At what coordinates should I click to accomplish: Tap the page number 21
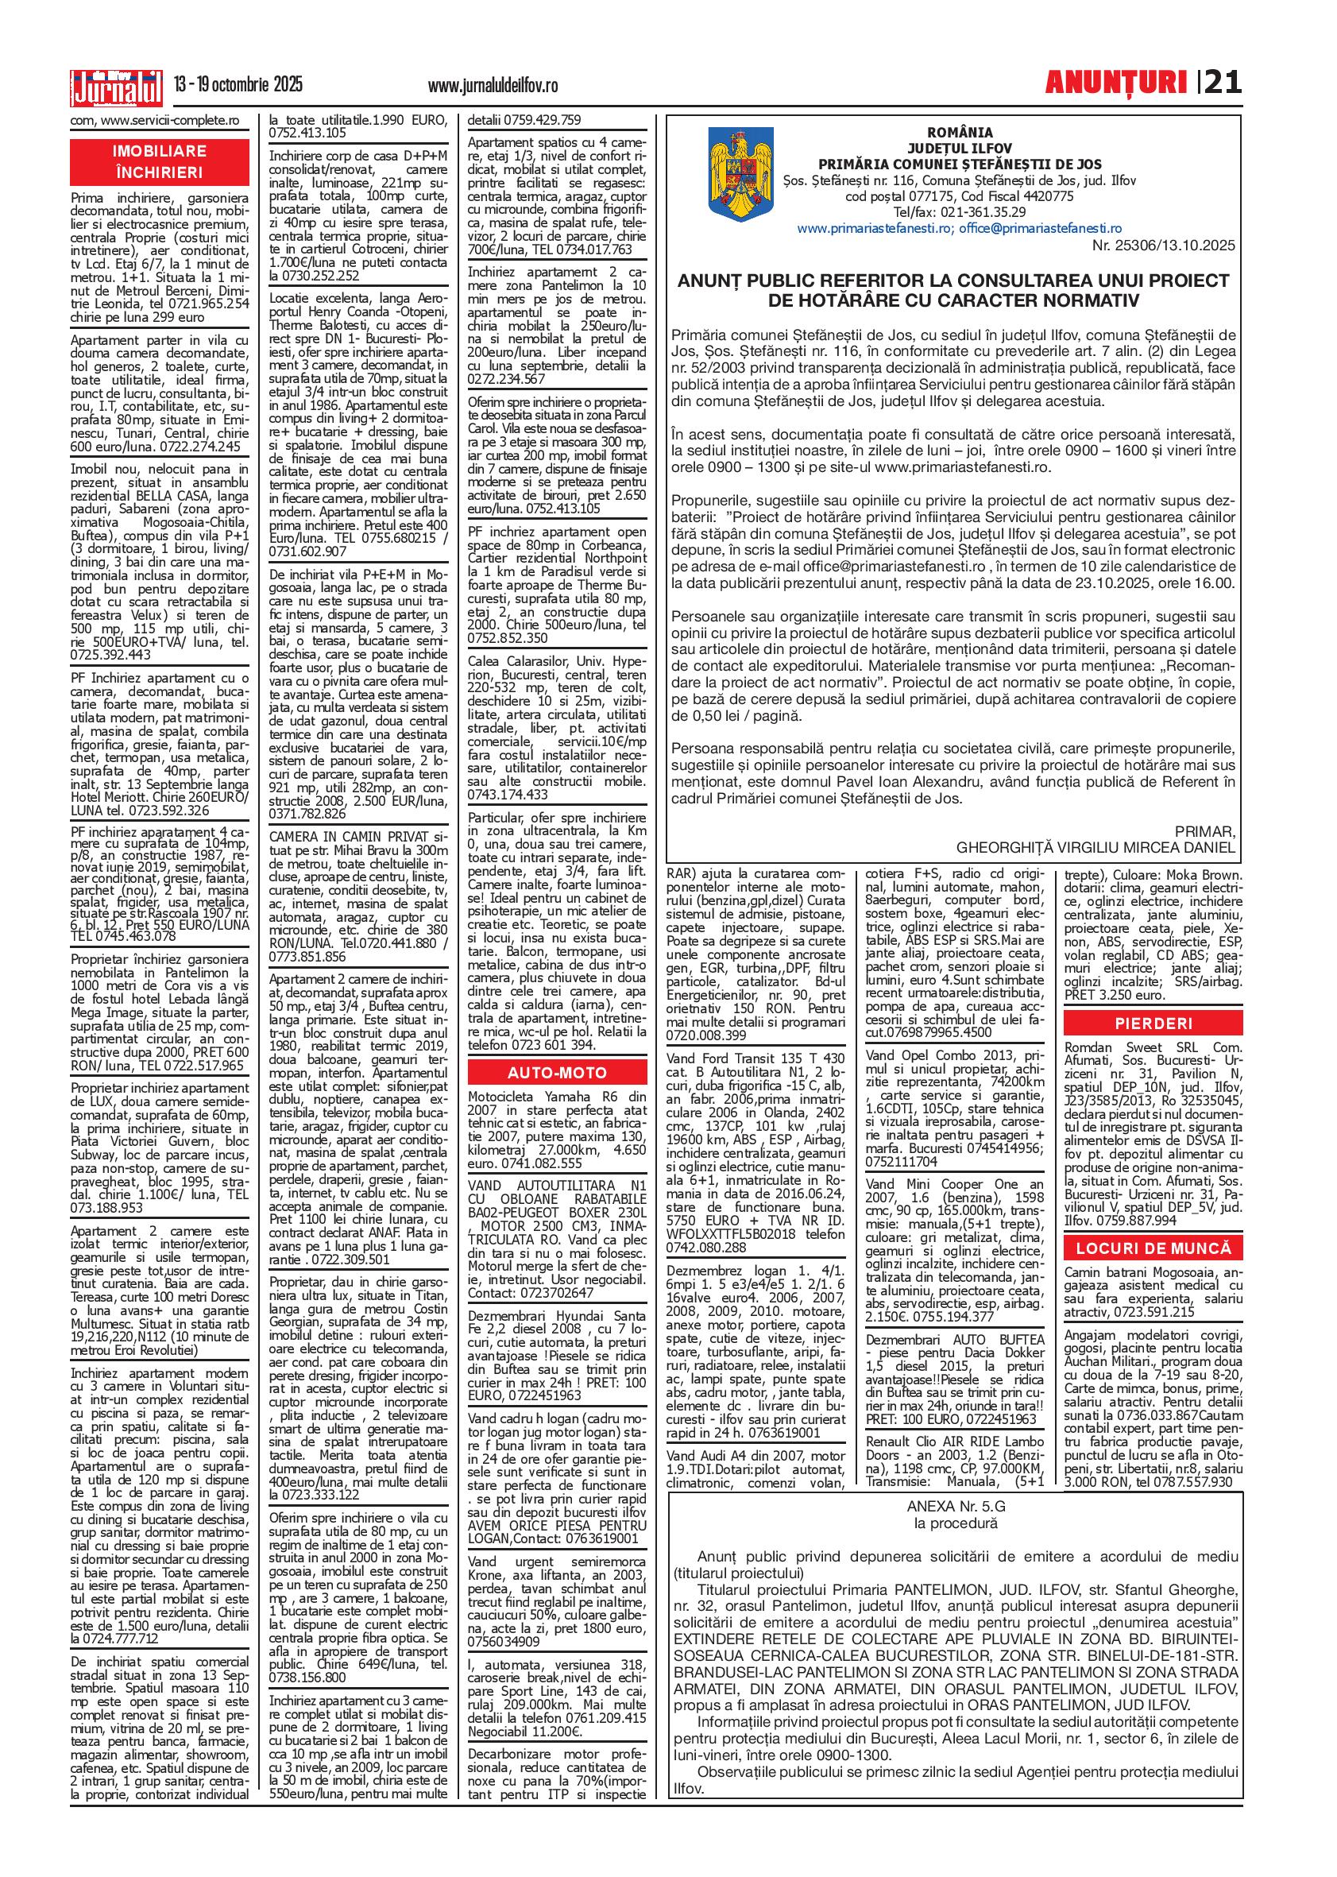(x=1223, y=83)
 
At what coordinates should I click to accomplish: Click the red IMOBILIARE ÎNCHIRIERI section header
(x=160, y=162)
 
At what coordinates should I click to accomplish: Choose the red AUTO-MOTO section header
(x=557, y=1073)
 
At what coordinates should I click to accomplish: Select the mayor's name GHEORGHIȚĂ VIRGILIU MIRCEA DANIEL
(x=1095, y=846)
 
